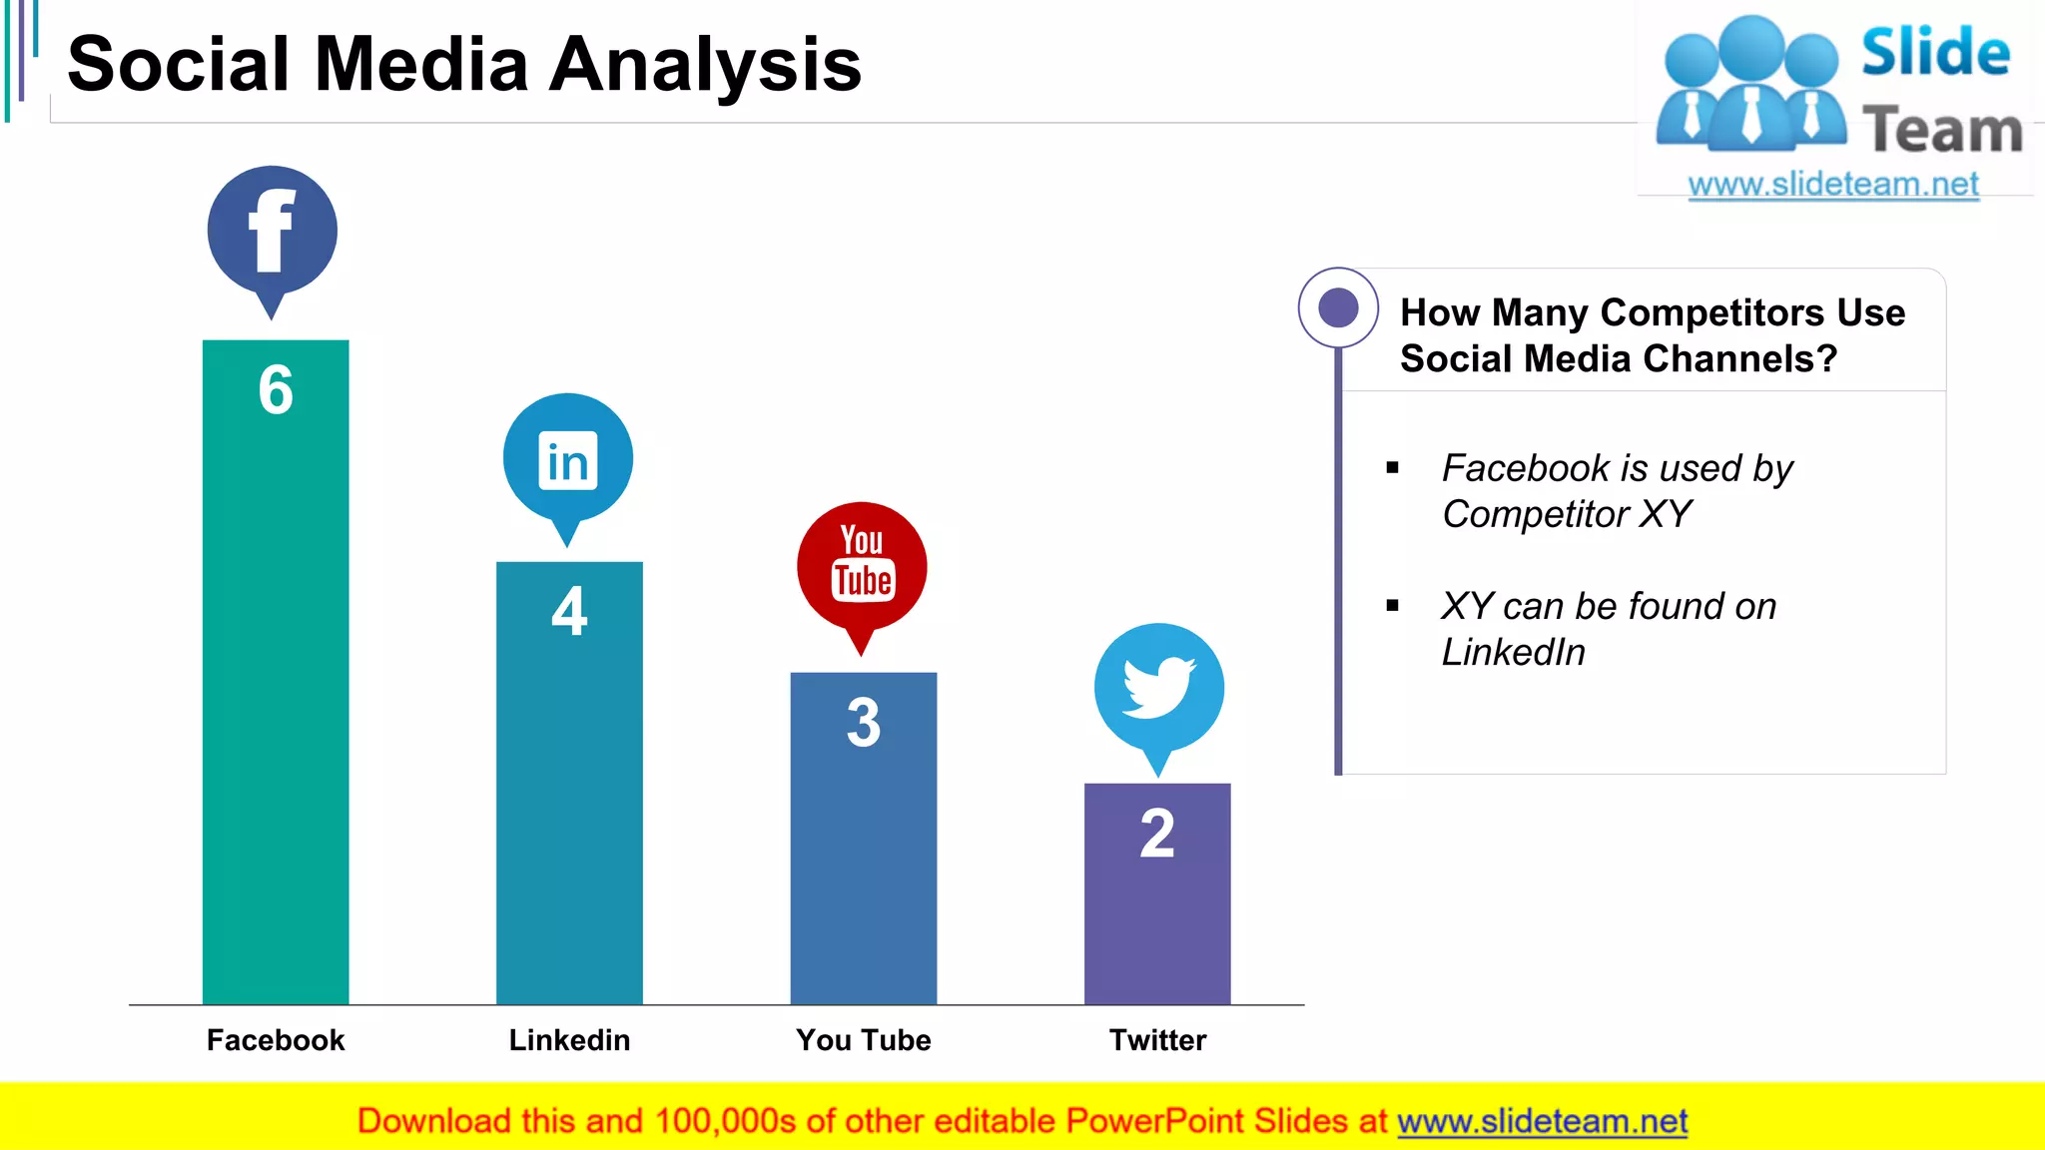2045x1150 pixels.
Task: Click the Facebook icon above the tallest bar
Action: (272, 232)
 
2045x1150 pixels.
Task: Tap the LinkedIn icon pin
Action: (567, 460)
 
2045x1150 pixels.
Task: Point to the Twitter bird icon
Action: (1158, 688)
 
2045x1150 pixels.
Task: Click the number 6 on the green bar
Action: (276, 389)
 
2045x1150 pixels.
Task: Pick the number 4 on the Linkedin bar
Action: (569, 611)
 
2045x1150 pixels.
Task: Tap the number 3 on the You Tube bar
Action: (864, 722)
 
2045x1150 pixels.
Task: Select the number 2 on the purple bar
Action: (1157, 834)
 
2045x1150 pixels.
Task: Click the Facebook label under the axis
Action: (276, 1040)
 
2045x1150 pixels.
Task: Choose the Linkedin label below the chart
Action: (569, 1040)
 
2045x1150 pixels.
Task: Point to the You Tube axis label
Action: (864, 1040)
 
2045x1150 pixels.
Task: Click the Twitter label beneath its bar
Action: (1157, 1040)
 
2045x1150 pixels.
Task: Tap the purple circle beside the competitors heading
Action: (1338, 307)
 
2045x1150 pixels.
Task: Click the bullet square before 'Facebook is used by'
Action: (1393, 468)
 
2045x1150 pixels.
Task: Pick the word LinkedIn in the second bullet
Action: (1513, 653)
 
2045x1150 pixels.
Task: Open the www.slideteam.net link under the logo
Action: (1833, 185)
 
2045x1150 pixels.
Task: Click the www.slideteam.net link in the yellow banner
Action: (1542, 1122)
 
